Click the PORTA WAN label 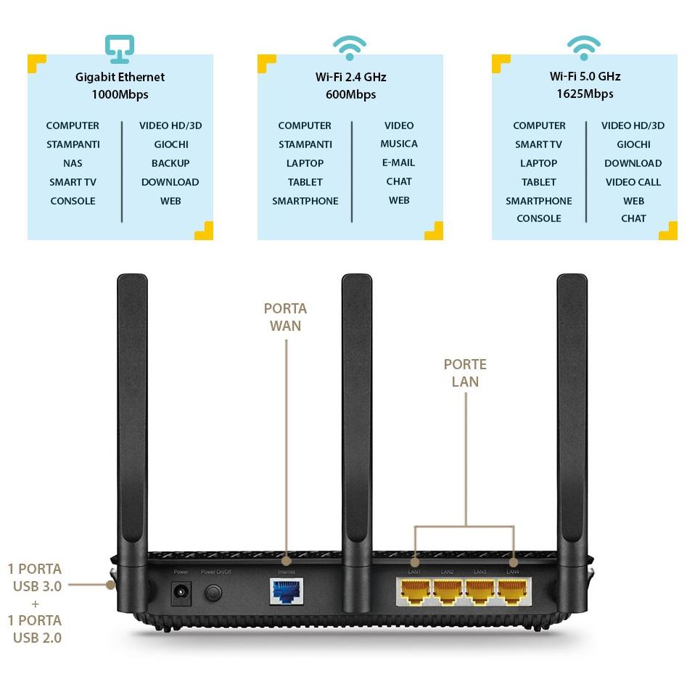pos(285,317)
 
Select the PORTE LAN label pos(465,373)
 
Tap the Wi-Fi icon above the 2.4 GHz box pos(350,48)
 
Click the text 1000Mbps pos(120,94)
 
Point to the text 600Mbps pos(350,94)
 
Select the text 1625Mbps pos(585,94)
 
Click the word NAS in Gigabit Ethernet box pos(73,163)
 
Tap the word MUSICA pos(399,144)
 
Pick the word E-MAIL pos(399,163)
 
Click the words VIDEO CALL pos(633,182)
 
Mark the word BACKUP pos(170,163)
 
